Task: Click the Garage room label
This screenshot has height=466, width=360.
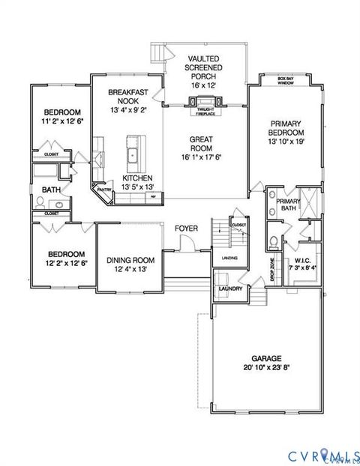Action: [267, 358]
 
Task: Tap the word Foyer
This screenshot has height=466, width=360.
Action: [186, 228]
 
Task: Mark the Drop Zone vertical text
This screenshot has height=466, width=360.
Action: [272, 267]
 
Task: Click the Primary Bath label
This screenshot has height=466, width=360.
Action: [288, 205]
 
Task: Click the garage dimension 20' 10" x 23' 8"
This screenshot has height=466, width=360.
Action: [267, 368]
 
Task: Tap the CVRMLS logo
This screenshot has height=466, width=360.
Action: [318, 455]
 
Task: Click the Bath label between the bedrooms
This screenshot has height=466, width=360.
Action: [51, 190]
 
